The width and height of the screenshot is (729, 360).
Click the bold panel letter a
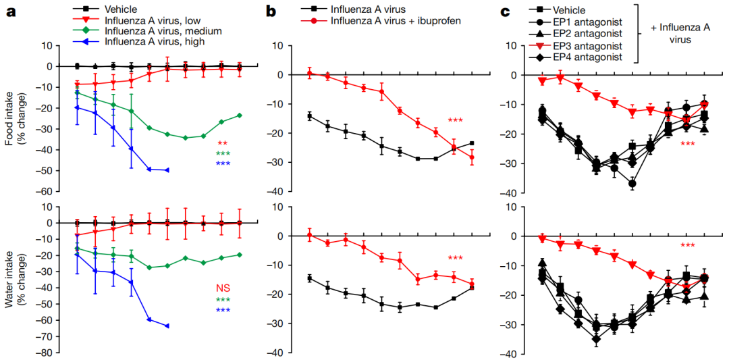click(x=11, y=11)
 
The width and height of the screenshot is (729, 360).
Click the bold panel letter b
click(x=271, y=11)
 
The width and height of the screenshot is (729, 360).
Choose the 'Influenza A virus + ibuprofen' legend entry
click(x=395, y=21)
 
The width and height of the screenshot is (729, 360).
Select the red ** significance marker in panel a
click(x=223, y=143)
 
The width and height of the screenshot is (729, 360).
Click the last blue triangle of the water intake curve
click(x=167, y=326)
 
